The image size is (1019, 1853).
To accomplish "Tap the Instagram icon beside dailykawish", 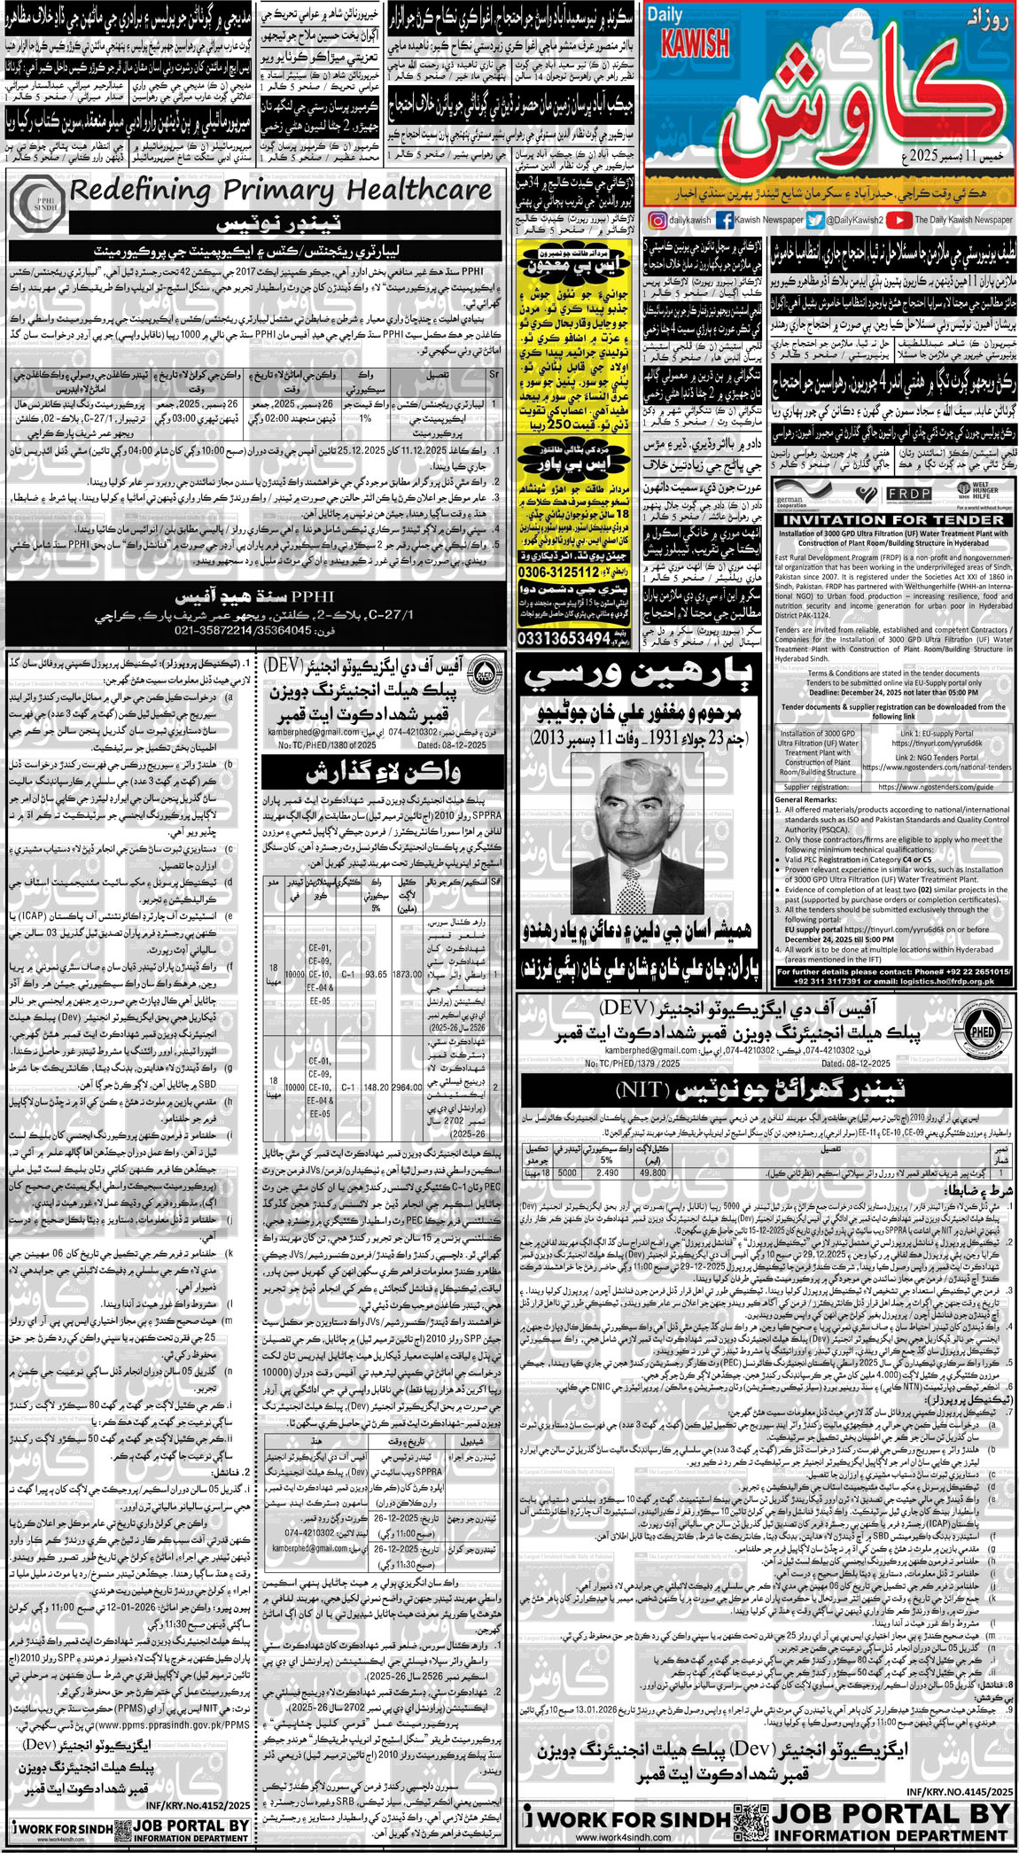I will coord(657,220).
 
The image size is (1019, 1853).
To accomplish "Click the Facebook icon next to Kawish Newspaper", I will coord(724,220).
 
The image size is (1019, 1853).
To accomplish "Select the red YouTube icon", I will coord(898,220).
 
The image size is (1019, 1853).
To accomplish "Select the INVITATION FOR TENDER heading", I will coord(893,519).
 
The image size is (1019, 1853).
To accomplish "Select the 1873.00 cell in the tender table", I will coord(407,974).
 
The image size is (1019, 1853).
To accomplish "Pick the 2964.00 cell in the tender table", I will coord(407,1086).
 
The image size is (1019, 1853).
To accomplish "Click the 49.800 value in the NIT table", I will coord(653,1172).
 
